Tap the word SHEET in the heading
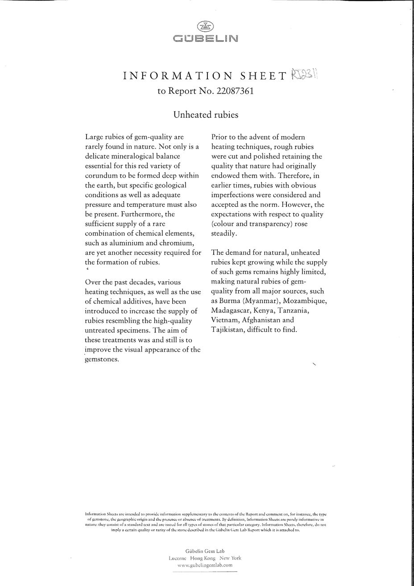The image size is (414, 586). pos(263,76)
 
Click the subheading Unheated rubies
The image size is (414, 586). pos(206,115)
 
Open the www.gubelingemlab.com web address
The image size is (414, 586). pos(205,565)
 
